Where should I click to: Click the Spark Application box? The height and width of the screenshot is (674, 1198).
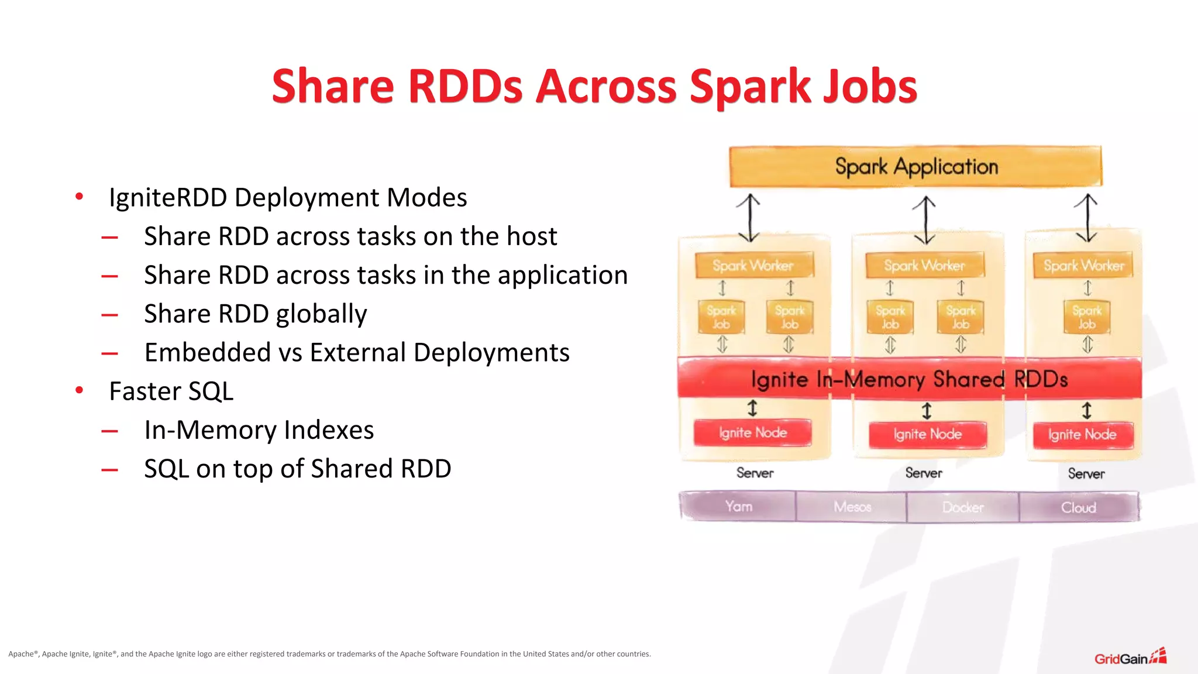915,167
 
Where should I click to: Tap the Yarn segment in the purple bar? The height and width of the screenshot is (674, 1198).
738,507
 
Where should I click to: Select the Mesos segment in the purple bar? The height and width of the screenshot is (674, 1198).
852,507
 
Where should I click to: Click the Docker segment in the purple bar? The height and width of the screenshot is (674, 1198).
963,507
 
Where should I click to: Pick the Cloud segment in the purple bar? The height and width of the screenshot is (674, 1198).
1079,507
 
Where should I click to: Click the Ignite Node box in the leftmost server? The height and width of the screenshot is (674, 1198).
752,433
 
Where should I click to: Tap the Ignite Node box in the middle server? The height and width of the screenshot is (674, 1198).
927,435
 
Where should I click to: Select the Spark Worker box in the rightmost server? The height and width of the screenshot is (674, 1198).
1083,266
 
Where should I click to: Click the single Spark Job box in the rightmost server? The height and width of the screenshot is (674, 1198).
1086,317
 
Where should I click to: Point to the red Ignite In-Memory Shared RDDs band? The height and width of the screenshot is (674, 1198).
909,379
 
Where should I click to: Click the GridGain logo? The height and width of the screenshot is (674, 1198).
1130,658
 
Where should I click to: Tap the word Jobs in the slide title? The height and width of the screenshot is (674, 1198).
869,87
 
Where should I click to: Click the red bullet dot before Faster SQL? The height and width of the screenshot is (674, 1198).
80,390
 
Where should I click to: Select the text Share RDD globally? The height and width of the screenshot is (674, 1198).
255,314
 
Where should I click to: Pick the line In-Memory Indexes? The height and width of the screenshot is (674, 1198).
259,430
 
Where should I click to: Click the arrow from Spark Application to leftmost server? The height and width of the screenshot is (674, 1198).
749,218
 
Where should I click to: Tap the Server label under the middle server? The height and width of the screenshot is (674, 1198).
924,473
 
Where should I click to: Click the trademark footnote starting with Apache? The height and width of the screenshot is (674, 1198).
329,654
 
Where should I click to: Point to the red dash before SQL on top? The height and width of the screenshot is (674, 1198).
109,469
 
